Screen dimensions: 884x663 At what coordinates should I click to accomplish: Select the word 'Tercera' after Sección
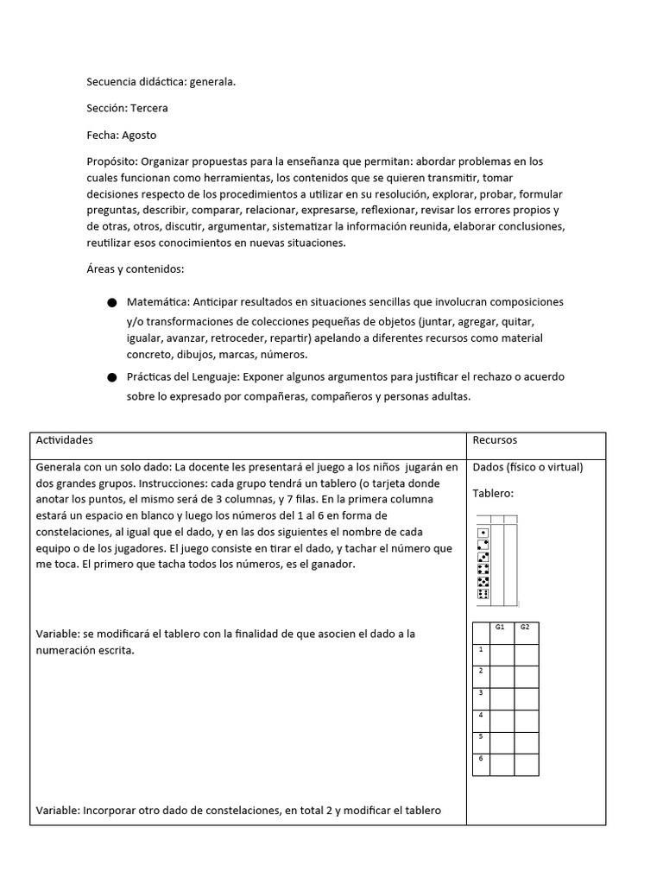pyautogui.click(x=148, y=109)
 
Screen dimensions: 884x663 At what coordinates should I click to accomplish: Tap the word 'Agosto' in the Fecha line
pyautogui.click(x=139, y=136)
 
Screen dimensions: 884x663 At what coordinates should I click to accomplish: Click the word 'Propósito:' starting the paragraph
pyautogui.click(x=112, y=161)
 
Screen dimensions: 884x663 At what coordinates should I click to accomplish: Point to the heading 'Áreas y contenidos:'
pyautogui.click(x=135, y=269)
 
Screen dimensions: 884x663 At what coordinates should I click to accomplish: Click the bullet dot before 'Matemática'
pyautogui.click(x=111, y=303)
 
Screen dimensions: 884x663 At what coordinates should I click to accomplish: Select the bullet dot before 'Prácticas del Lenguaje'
pyautogui.click(x=111, y=378)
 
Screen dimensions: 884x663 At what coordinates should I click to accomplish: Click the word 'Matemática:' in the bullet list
pyautogui.click(x=158, y=302)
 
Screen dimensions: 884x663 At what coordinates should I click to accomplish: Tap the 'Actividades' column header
pyautogui.click(x=64, y=440)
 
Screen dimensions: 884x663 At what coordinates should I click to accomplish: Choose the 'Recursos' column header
pyautogui.click(x=495, y=440)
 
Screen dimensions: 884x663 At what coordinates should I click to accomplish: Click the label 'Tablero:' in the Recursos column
pyautogui.click(x=493, y=494)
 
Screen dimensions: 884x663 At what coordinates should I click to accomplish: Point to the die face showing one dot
pyautogui.click(x=483, y=533)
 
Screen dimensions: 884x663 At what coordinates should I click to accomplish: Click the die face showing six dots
pyautogui.click(x=483, y=594)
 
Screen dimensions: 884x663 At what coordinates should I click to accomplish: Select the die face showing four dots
pyautogui.click(x=483, y=569)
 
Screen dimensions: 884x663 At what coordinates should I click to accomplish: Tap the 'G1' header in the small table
pyautogui.click(x=501, y=628)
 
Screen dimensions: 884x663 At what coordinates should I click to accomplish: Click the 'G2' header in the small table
pyautogui.click(x=525, y=628)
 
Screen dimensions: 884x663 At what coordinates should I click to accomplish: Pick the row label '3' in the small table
pyautogui.click(x=481, y=692)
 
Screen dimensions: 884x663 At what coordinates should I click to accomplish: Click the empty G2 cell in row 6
pyautogui.click(x=527, y=764)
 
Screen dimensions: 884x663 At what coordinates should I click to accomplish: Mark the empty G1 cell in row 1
pyautogui.click(x=502, y=654)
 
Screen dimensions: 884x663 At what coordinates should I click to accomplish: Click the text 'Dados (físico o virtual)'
pyautogui.click(x=527, y=468)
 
